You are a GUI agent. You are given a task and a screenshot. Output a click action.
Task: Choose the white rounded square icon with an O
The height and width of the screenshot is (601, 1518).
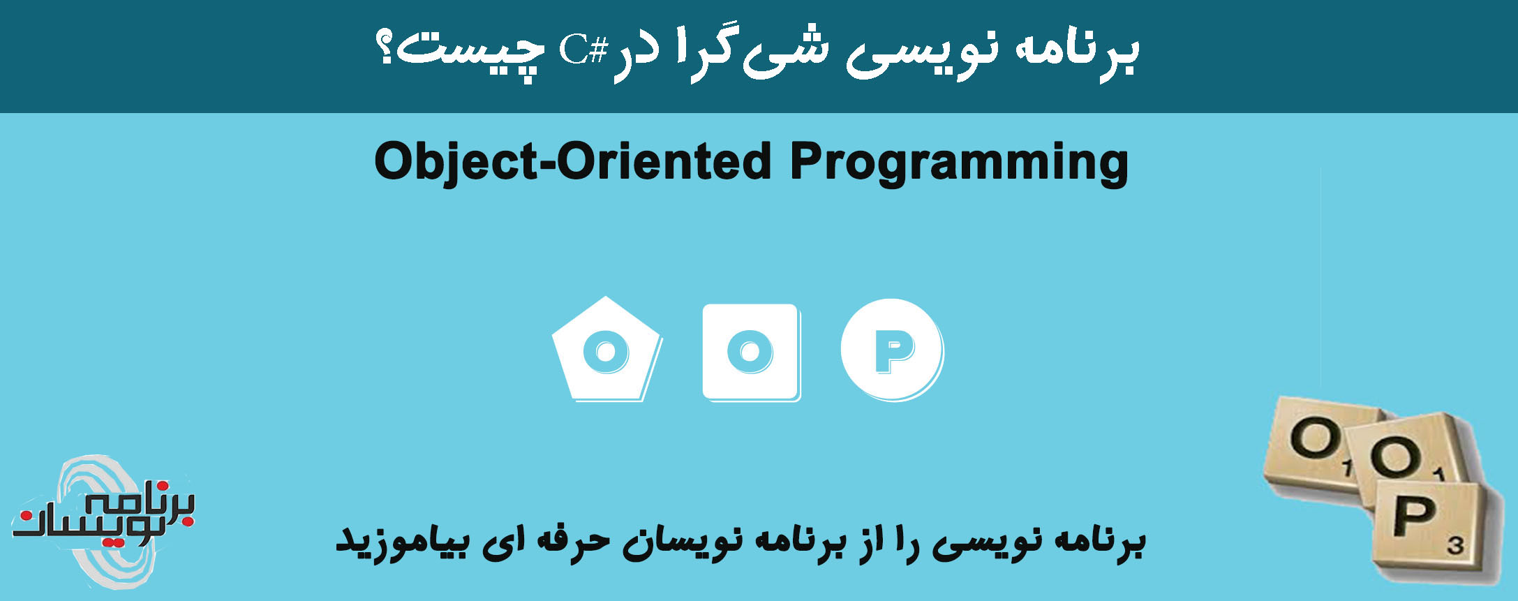click(750, 351)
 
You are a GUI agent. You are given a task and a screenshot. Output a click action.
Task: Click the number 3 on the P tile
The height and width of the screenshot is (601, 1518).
click(1454, 545)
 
